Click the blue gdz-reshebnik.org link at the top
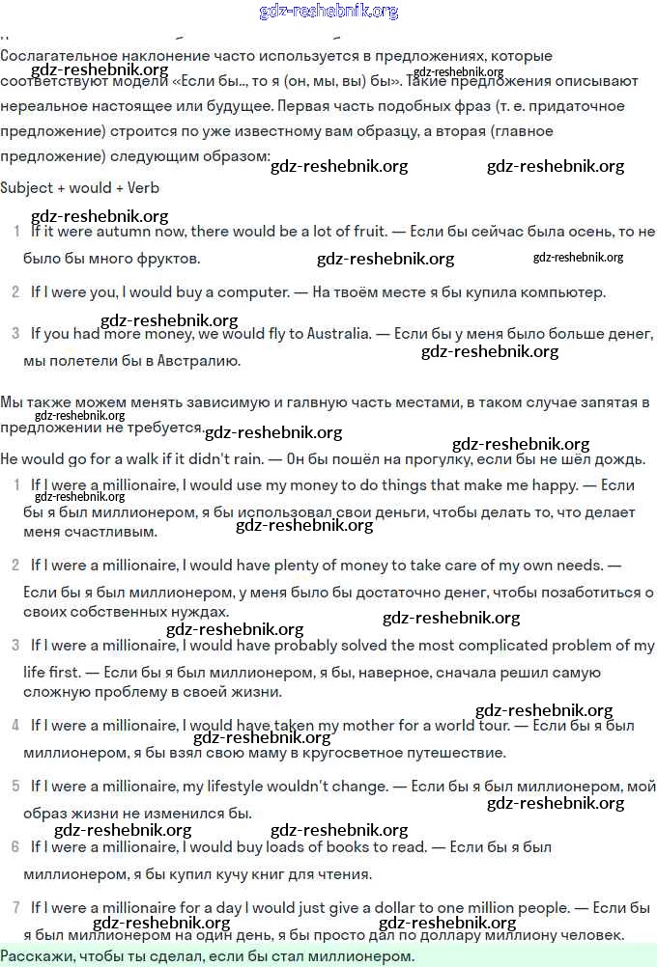pyautogui.click(x=328, y=12)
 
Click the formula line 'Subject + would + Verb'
pyautogui.click(x=79, y=188)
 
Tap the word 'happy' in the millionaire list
pyautogui.click(x=554, y=485)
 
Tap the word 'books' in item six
pyautogui.click(x=345, y=847)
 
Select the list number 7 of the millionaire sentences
pyautogui.click(x=15, y=907)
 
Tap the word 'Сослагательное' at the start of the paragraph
pyautogui.click(x=55, y=57)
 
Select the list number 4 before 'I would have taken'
pyautogui.click(x=15, y=725)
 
